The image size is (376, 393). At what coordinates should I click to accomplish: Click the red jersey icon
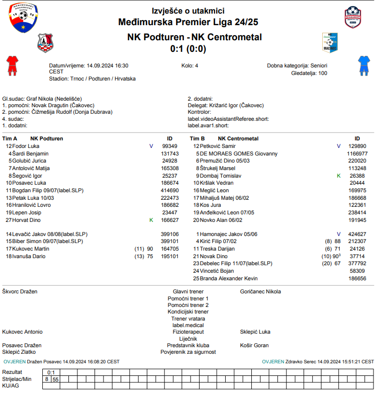(12, 65)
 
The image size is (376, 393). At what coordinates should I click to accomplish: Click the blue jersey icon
(363, 65)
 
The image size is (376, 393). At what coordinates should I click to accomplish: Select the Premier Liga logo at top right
(357, 18)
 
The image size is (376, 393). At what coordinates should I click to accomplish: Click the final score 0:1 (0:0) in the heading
(188, 49)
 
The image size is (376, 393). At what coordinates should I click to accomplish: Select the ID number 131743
(170, 153)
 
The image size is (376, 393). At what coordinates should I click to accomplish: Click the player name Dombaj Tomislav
(221, 176)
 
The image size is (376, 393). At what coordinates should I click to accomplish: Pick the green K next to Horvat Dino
(151, 220)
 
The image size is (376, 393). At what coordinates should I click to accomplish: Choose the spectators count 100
(322, 73)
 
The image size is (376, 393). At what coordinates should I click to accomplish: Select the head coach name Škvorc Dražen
(20, 291)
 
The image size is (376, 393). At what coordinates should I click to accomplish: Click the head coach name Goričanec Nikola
(260, 291)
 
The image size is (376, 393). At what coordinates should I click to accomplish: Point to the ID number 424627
(357, 234)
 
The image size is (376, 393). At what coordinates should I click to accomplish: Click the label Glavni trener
(188, 291)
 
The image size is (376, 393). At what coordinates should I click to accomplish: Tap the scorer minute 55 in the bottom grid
(56, 379)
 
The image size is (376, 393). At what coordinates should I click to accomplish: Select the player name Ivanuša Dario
(30, 256)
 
